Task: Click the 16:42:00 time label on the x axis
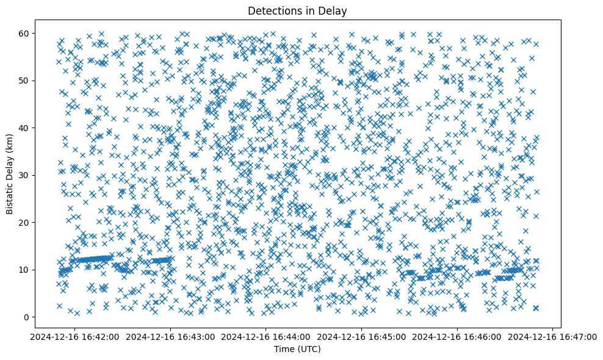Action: click(75, 336)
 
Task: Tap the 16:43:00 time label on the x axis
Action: click(170, 336)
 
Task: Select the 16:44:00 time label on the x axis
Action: click(266, 336)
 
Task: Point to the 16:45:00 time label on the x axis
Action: click(362, 336)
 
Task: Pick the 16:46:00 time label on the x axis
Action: click(457, 336)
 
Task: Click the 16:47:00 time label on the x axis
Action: click(553, 336)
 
